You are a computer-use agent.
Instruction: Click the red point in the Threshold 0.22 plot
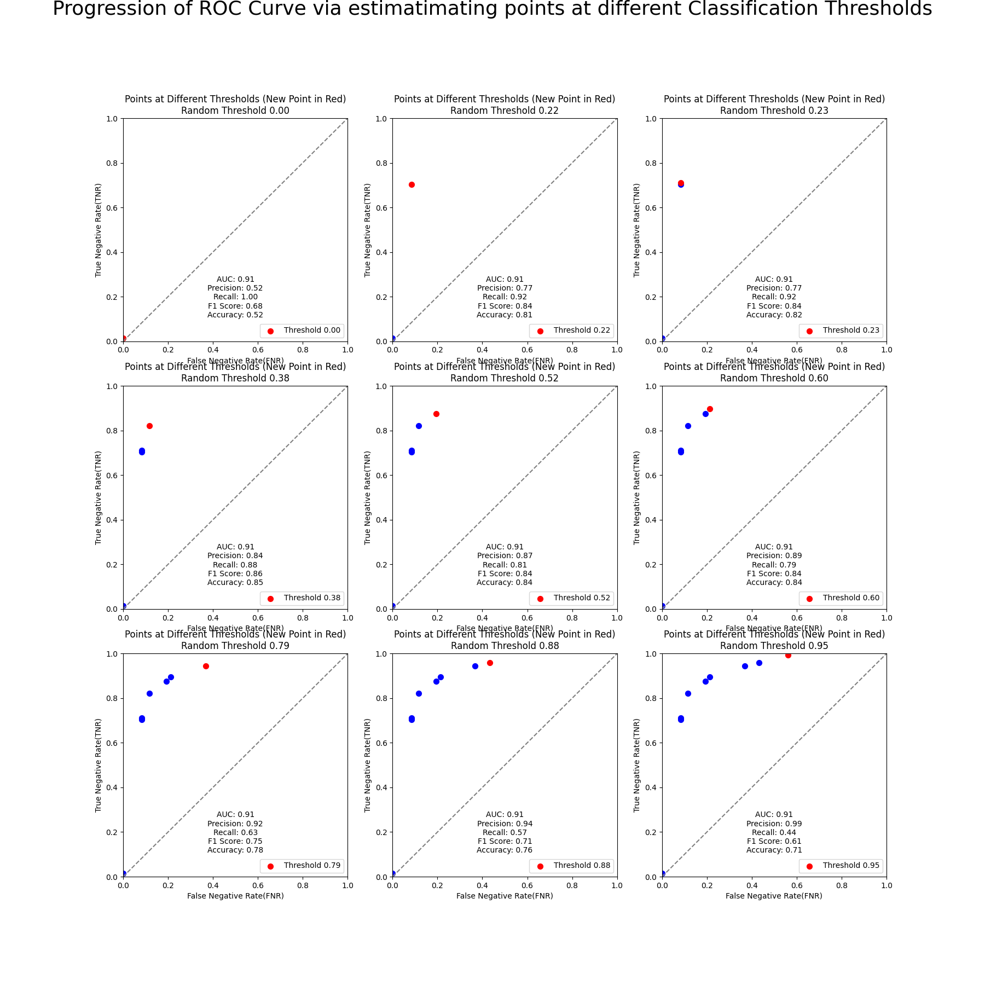tap(412, 184)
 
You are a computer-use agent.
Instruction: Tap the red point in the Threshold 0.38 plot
tap(149, 426)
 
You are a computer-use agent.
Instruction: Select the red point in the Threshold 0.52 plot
tap(436, 414)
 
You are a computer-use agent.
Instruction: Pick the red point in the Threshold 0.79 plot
tap(206, 666)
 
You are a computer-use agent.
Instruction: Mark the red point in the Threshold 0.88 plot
tap(490, 663)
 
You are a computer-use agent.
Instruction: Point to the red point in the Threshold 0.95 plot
tap(788, 655)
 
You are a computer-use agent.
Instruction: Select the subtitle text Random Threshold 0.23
tap(774, 111)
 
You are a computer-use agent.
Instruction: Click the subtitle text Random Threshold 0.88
tap(505, 646)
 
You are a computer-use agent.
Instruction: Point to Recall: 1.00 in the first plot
tap(235, 297)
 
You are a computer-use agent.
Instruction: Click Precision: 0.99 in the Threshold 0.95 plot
tap(774, 824)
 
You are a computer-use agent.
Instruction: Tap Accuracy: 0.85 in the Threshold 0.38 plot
tap(235, 582)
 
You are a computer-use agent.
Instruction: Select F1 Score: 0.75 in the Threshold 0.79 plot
tap(235, 841)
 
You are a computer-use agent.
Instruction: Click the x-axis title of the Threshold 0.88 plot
tap(505, 896)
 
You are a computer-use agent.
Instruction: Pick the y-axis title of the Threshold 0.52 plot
tap(368, 497)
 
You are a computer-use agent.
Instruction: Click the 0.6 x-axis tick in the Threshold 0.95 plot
tap(797, 885)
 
